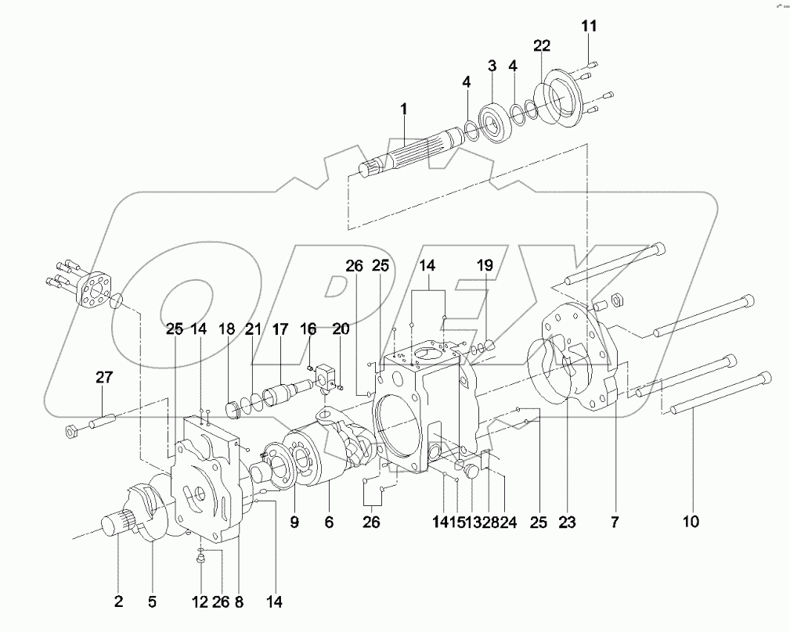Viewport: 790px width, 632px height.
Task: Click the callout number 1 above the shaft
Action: point(404,110)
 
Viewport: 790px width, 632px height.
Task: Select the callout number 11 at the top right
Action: point(589,27)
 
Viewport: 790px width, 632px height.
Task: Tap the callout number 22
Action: point(542,47)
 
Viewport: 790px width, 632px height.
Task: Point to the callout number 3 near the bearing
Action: point(492,66)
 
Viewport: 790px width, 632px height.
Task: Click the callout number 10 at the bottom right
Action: point(692,521)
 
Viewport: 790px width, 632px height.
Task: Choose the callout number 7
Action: point(614,521)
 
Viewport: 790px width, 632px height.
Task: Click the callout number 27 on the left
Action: point(104,378)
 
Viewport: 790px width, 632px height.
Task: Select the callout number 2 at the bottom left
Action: point(118,601)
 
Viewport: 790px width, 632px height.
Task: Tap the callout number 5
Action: point(152,601)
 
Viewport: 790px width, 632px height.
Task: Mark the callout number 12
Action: point(201,601)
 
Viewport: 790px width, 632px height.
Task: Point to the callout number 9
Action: point(294,521)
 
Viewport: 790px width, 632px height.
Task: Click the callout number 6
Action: point(329,521)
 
